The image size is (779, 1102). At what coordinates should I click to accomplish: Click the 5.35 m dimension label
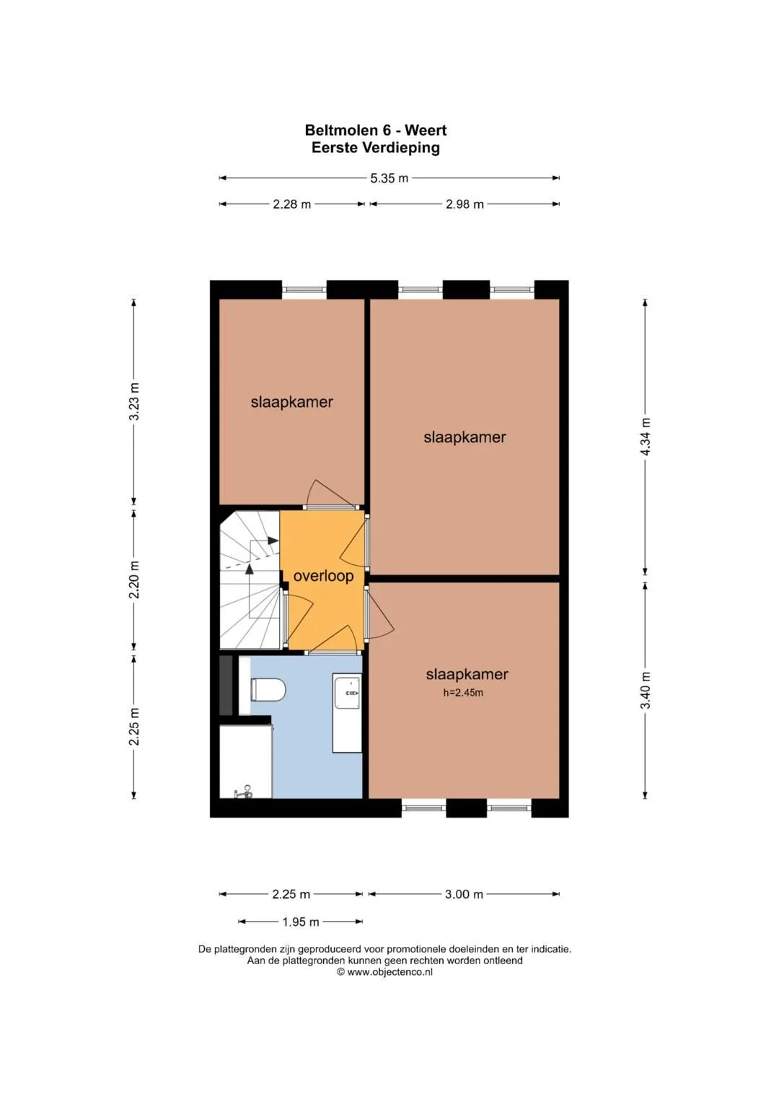[389, 178]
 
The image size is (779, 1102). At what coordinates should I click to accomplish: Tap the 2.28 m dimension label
[291, 204]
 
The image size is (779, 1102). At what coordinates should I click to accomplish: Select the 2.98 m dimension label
[465, 204]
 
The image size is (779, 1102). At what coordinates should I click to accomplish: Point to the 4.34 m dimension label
[646, 437]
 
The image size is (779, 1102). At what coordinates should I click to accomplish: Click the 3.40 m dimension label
[646, 690]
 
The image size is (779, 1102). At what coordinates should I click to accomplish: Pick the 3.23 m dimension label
[133, 401]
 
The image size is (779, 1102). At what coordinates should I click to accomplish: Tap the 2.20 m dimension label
[133, 580]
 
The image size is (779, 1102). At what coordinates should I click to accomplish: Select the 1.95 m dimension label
[301, 922]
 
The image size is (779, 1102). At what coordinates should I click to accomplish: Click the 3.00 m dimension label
[464, 894]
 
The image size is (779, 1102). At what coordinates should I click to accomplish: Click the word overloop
[323, 576]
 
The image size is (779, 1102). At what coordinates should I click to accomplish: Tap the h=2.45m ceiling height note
[463, 693]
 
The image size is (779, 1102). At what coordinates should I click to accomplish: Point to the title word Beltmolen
[341, 130]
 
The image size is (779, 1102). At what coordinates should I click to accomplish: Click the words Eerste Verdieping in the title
[376, 148]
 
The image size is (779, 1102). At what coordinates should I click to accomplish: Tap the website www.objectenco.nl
[389, 971]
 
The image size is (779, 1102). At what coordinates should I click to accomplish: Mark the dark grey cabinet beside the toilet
[226, 686]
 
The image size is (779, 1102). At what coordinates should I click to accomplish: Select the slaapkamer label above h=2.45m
[467, 674]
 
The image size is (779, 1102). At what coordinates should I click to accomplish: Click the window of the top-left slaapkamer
[304, 290]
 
